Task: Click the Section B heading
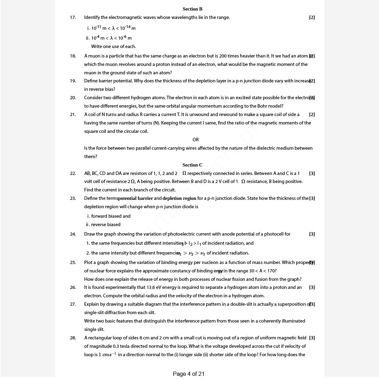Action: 192,9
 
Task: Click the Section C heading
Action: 192,165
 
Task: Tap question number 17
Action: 73,18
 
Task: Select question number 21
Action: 73,115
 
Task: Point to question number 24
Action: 73,234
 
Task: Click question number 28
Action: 73,338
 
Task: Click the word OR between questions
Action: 196,140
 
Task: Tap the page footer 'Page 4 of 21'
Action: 189,374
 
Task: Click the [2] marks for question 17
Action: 312,18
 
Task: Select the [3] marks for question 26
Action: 312,287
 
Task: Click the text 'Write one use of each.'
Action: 113,47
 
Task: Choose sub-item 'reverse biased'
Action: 106,225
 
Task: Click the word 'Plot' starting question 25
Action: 88,263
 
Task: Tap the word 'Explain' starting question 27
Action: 92,304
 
